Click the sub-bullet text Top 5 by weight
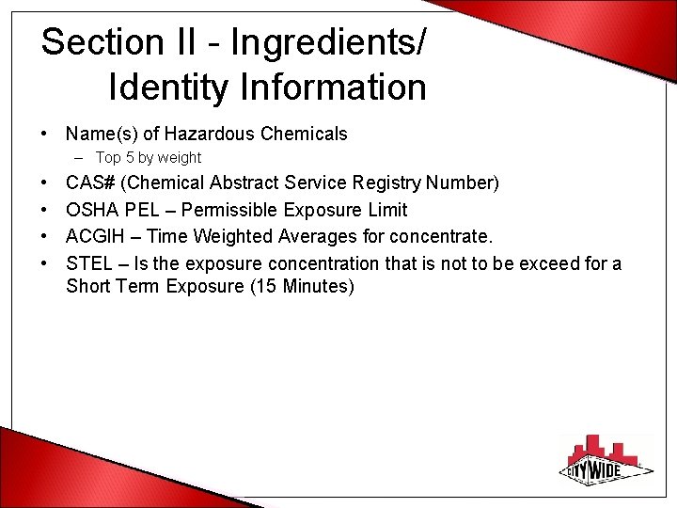(x=148, y=158)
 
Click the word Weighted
(x=230, y=236)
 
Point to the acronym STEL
(x=88, y=263)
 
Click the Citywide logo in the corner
(x=607, y=462)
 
